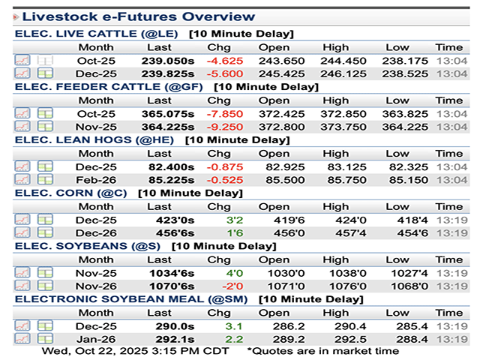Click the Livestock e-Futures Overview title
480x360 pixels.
(138, 16)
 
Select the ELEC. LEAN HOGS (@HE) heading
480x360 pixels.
(97, 140)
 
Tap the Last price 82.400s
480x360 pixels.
(171, 166)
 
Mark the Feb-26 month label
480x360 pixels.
(96, 180)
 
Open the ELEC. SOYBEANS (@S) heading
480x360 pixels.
(86, 247)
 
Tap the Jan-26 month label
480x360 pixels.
(96, 340)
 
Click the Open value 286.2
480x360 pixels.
(274, 326)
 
